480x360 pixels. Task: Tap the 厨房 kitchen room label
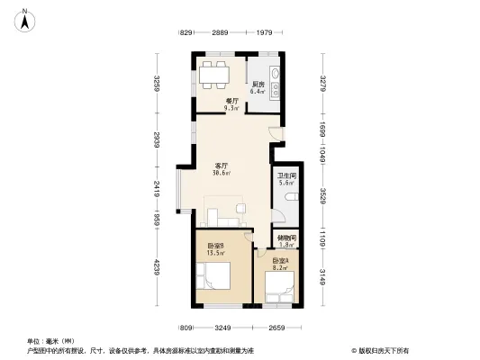coord(258,85)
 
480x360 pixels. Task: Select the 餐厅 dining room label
coord(231,101)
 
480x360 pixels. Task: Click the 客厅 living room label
coord(221,166)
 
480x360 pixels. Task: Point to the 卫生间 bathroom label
coord(286,175)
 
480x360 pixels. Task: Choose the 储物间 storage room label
coord(286,238)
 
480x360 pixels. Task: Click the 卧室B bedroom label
coord(214,246)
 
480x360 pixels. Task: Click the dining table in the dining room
coord(215,74)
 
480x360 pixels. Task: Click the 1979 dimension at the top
coord(263,33)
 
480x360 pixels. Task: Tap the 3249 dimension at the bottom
coord(223,328)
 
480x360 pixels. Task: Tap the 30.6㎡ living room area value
coord(221,173)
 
